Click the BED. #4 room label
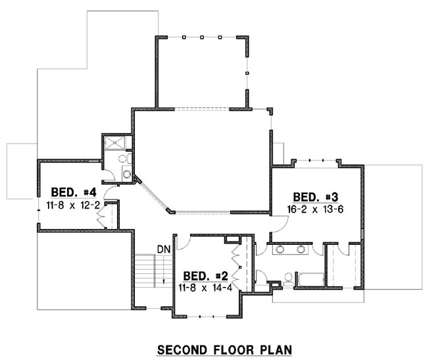coord(74,193)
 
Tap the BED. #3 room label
coord(315,197)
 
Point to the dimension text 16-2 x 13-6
coord(315,208)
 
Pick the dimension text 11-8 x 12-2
coord(74,205)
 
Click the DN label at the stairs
coord(164,249)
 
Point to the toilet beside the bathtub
coord(289,276)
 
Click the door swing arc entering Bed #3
coord(279,222)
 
